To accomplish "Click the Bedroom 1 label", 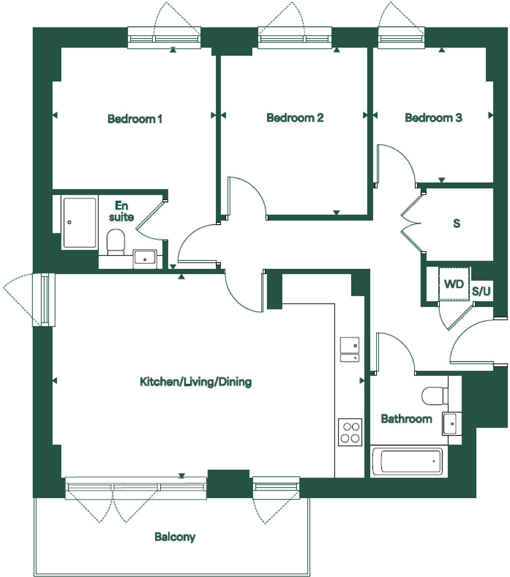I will pyautogui.click(x=135, y=118).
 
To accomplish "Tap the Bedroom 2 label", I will pyautogui.click(x=295, y=118).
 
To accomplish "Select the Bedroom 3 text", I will pyautogui.click(x=433, y=118).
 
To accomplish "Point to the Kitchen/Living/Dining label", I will pyautogui.click(x=196, y=382).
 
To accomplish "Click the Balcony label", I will pyautogui.click(x=175, y=537).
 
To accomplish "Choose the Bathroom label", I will pyautogui.click(x=406, y=418).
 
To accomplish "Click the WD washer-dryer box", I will pyautogui.click(x=454, y=284).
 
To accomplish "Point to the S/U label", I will pyautogui.click(x=481, y=292).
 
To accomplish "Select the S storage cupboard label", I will pyautogui.click(x=457, y=224).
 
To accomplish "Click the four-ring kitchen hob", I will pyautogui.click(x=350, y=432).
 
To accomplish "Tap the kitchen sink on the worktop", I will pyautogui.click(x=350, y=349).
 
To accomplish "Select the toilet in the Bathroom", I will pyautogui.click(x=433, y=396).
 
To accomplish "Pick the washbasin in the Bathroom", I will pyautogui.click(x=451, y=424).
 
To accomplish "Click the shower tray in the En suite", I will pyautogui.click(x=79, y=223).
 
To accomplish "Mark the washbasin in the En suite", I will pyautogui.click(x=145, y=258).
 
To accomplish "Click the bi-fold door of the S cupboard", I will pyautogui.click(x=412, y=223).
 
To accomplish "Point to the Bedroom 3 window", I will pyautogui.click(x=401, y=38).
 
